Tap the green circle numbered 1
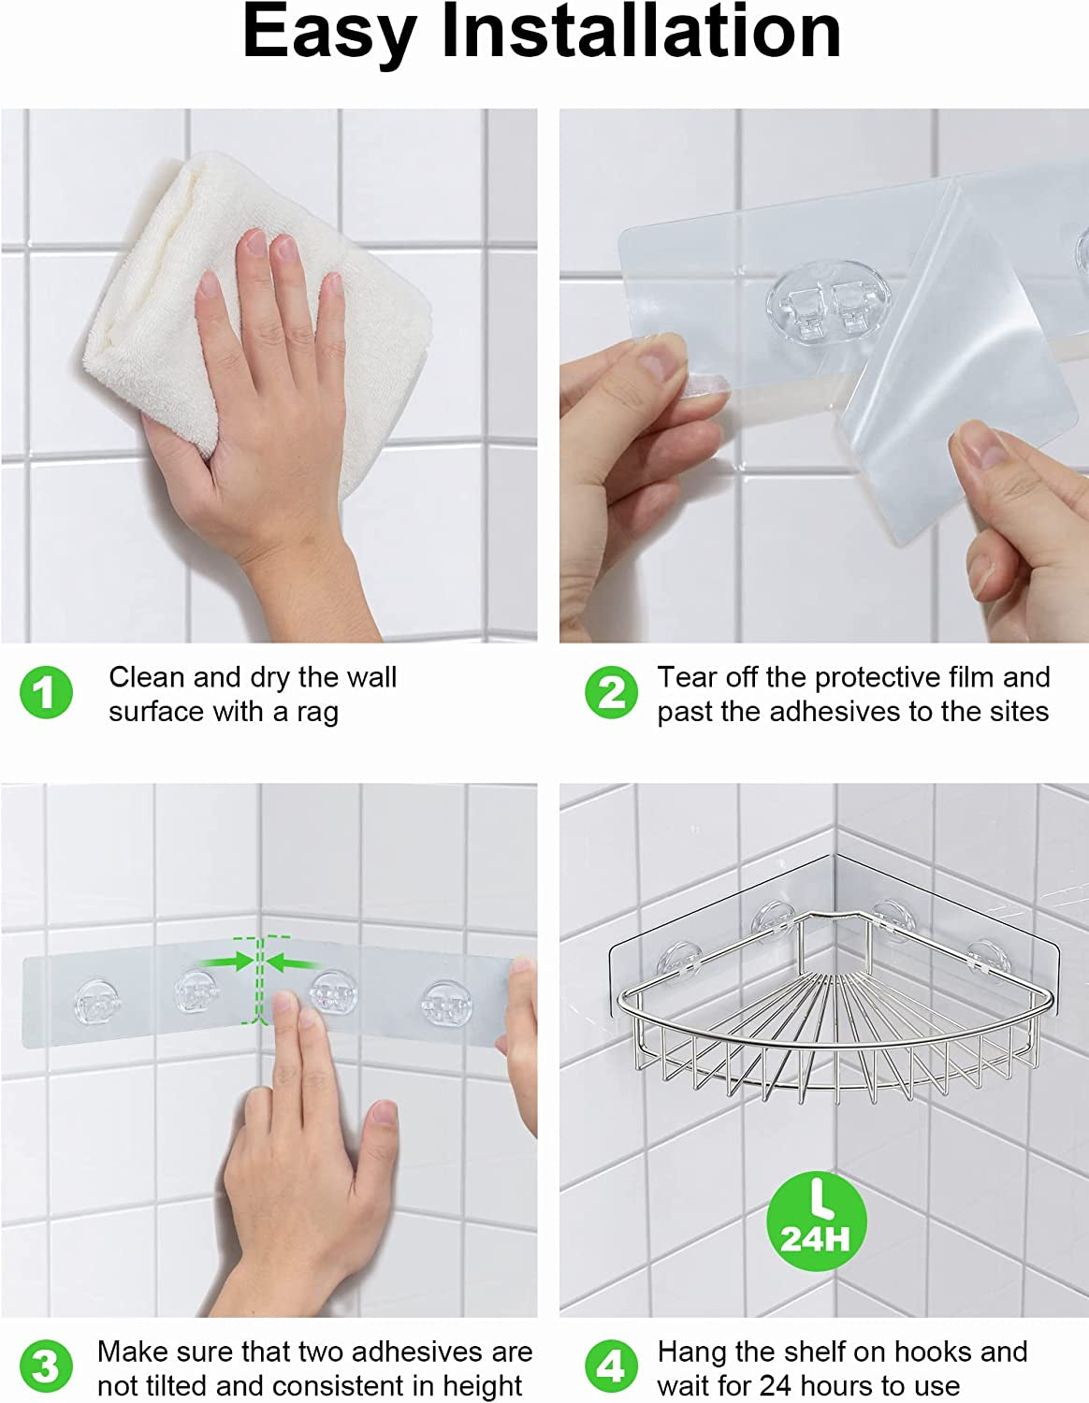pos(46,693)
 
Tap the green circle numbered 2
pos(611,693)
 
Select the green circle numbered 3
pos(46,1367)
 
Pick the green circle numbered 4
pos(611,1367)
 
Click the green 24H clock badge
pos(816,1222)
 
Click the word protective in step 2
pos(865,677)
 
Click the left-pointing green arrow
pos(294,962)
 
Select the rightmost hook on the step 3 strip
pos(445,1004)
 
